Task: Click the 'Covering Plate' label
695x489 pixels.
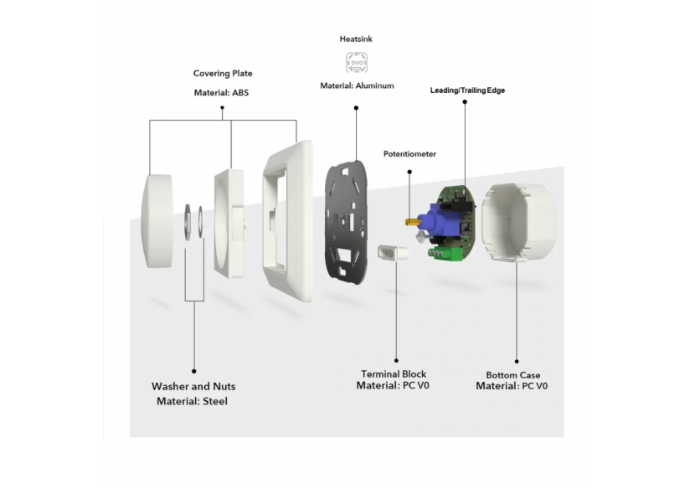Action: pos(223,74)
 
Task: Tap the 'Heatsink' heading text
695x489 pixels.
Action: pos(356,39)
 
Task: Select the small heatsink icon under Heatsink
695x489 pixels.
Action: pos(357,63)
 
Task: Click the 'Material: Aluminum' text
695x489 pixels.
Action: pos(357,85)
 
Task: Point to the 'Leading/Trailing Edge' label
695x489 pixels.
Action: pos(467,90)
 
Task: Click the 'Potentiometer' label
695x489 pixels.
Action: pos(409,154)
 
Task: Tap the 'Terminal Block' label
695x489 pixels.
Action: pos(394,374)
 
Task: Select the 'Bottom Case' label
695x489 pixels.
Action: pos(512,375)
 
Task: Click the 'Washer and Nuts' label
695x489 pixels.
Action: pos(193,387)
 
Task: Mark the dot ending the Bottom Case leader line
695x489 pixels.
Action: pos(517,362)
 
